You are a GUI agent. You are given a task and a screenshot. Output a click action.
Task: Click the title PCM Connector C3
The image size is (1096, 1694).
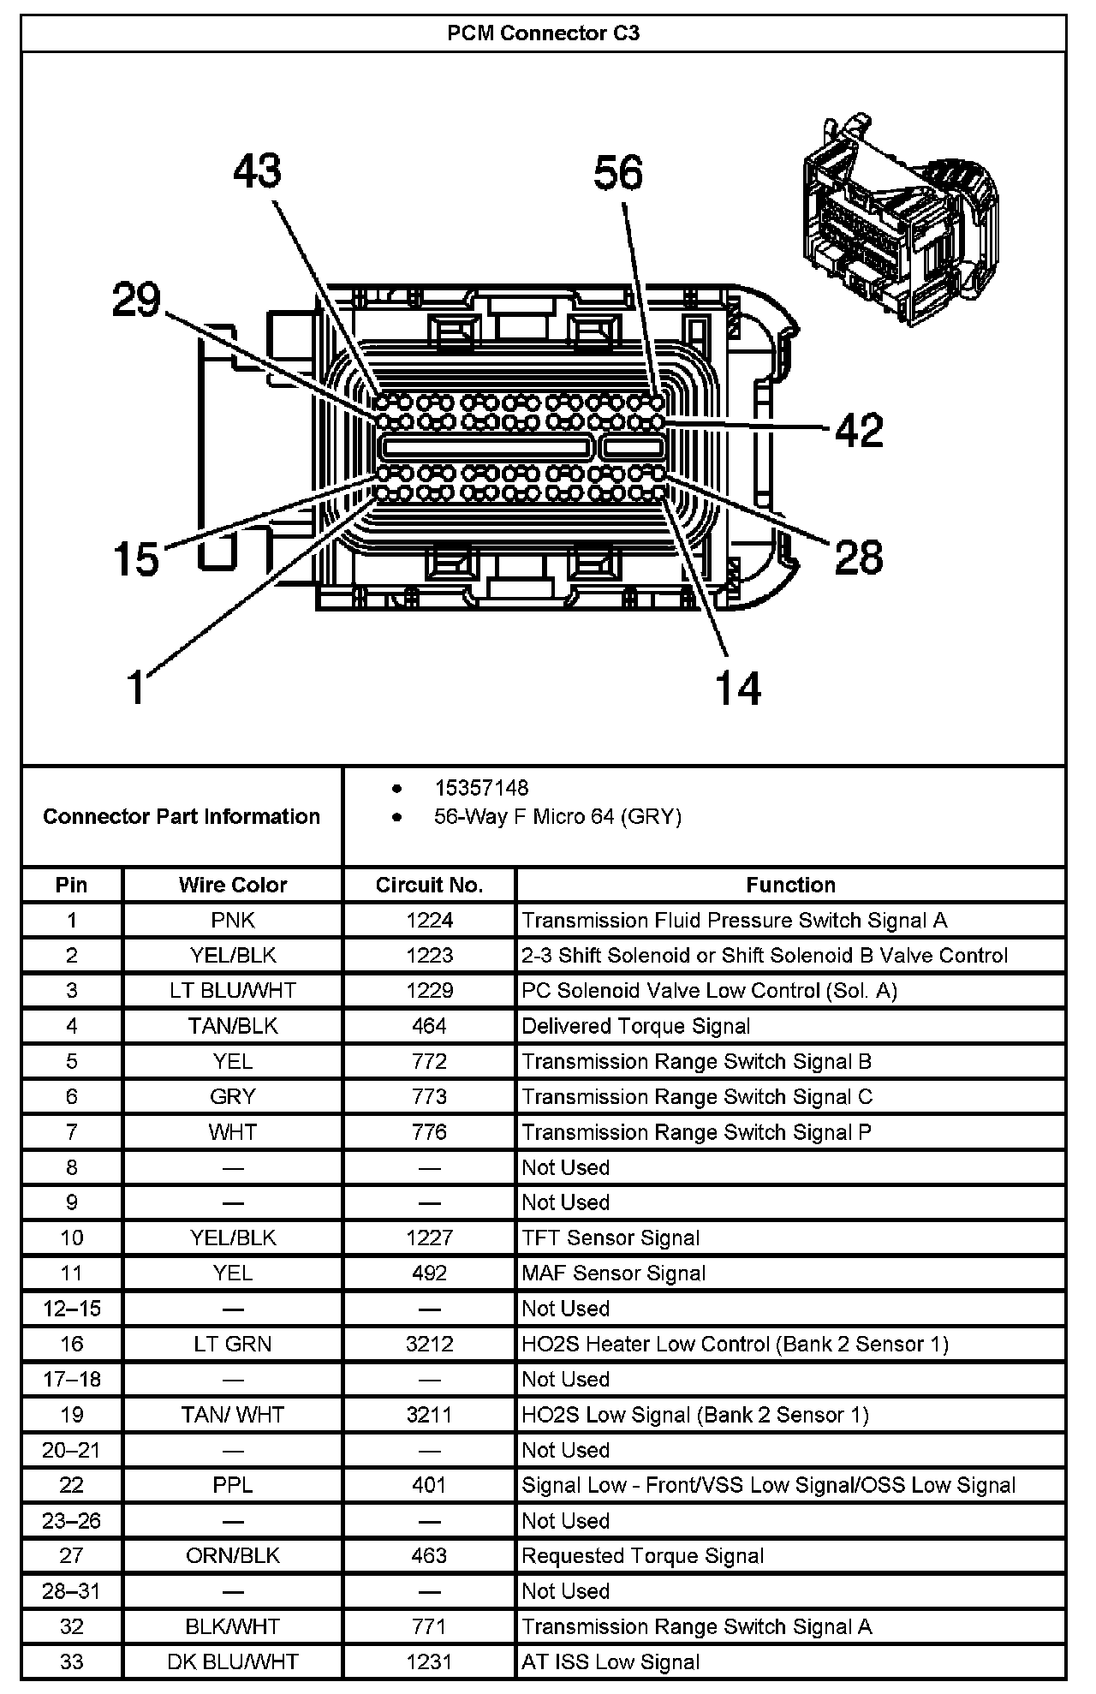click(544, 33)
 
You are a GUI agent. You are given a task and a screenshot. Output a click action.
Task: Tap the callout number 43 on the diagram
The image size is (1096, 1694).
click(258, 171)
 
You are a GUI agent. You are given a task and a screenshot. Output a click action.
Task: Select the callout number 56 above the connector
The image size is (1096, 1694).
click(618, 173)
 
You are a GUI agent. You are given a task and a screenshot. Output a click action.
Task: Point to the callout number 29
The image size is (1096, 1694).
click(136, 301)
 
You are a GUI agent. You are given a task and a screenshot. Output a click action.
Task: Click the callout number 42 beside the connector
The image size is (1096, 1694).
click(859, 429)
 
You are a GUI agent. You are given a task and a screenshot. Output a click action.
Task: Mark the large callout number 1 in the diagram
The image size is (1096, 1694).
click(137, 686)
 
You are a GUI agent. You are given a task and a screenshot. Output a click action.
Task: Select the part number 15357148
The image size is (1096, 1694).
click(480, 788)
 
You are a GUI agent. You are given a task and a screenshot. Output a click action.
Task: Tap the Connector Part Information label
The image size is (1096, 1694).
click(182, 816)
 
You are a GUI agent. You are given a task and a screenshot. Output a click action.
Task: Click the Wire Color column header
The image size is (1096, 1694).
click(233, 885)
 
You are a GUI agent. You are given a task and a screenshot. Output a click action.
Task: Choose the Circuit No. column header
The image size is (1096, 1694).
click(429, 885)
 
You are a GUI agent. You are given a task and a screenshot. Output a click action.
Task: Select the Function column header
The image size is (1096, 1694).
click(790, 885)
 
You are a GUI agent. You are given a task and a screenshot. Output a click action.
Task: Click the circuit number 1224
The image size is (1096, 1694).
click(429, 921)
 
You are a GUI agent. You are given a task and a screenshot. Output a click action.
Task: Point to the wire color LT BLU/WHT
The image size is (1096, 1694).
click(233, 991)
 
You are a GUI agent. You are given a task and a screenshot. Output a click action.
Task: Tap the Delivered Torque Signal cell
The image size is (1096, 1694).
click(635, 1026)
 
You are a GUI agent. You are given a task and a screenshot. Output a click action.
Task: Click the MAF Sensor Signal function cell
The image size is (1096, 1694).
click(613, 1273)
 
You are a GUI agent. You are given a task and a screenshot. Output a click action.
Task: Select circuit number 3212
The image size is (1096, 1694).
click(429, 1344)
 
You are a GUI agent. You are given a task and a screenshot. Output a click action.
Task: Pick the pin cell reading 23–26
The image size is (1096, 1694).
click(72, 1521)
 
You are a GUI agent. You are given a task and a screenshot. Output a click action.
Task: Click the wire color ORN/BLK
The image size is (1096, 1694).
click(233, 1556)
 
